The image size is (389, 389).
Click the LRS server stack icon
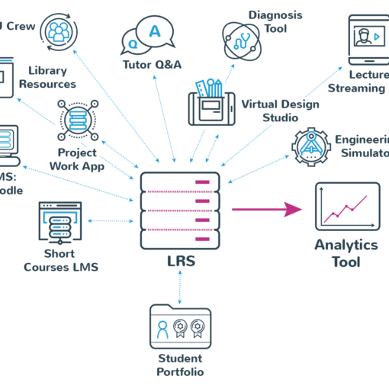tap(181, 207)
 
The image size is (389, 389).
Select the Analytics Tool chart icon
tap(347, 207)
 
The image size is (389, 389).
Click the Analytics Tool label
tap(346, 253)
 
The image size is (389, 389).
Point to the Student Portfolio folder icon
tap(180, 326)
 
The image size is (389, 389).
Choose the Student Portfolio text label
tap(180, 365)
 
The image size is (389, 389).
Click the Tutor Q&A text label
tap(152, 65)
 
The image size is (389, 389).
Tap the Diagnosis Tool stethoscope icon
tap(243, 39)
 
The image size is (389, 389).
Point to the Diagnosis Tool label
tap(275, 21)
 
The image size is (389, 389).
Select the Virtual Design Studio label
tap(275, 111)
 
